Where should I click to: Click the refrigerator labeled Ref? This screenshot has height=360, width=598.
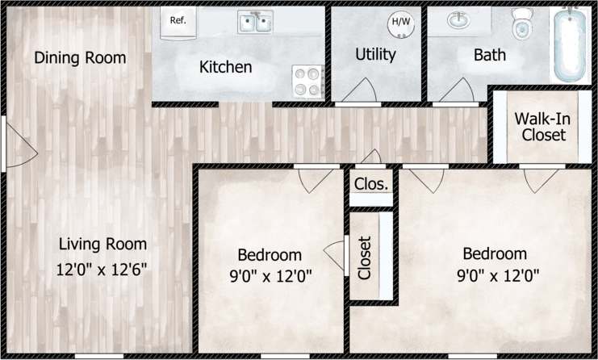click(178, 21)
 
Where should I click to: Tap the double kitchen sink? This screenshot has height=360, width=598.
click(255, 22)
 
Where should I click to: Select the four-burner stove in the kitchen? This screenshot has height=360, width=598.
click(307, 81)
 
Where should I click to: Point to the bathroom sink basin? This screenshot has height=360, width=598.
click(458, 21)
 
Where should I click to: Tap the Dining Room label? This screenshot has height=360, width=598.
click(80, 58)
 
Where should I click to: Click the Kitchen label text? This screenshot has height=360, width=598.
click(225, 67)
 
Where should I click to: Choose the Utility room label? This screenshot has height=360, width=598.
click(375, 55)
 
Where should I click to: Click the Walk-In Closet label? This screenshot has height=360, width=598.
click(540, 127)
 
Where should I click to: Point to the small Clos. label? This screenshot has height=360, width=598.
click(371, 184)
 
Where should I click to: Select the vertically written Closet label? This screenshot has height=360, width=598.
click(364, 257)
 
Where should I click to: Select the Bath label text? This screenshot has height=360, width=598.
click(490, 55)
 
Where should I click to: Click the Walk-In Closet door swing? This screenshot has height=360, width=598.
click(534, 180)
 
